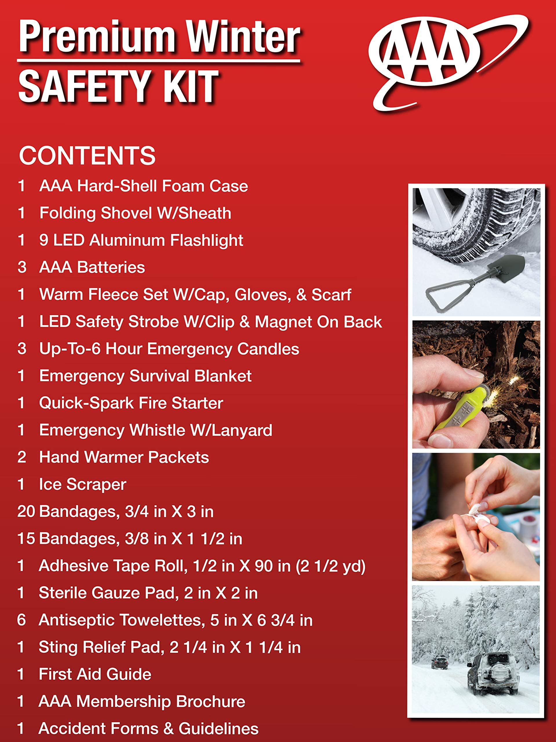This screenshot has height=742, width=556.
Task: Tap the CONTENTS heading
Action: click(x=87, y=156)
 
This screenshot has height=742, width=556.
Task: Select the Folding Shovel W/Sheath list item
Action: click(x=135, y=213)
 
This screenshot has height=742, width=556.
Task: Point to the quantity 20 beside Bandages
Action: click(x=26, y=512)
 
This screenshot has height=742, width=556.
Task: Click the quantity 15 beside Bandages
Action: click(x=26, y=539)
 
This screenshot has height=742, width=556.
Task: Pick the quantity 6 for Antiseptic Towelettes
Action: click(x=21, y=620)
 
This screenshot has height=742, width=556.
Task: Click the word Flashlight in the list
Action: click(x=206, y=241)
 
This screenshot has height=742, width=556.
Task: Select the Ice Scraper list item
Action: click(x=83, y=484)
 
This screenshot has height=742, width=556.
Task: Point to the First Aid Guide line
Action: click(x=95, y=674)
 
